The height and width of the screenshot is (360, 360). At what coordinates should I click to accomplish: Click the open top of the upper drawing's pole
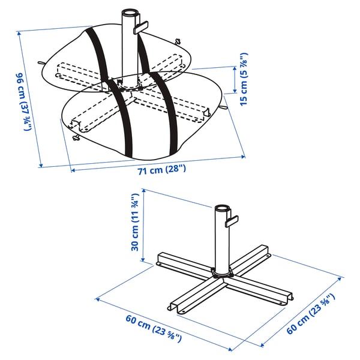(x=129, y=13)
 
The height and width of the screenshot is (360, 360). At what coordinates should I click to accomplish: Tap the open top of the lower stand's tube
(x=221, y=209)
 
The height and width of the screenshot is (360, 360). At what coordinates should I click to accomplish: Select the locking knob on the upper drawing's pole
(x=142, y=27)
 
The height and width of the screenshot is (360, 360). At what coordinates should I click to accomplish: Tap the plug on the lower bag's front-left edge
(x=76, y=139)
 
